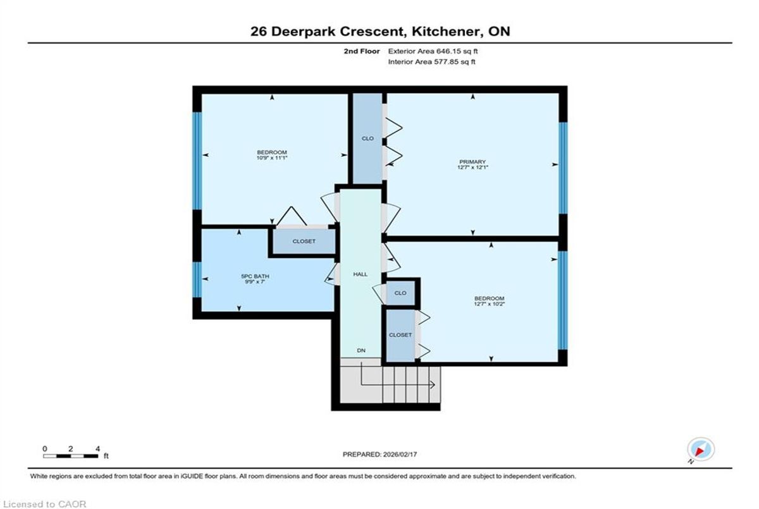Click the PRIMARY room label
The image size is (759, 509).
(x=472, y=162)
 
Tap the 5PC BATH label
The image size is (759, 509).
(x=255, y=276)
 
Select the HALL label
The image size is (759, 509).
(x=360, y=274)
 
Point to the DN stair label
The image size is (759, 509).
(x=361, y=350)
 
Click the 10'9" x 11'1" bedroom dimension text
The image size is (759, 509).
(x=272, y=158)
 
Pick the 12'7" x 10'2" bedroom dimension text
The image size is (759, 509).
(x=490, y=304)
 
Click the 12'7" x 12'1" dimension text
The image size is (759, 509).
(x=472, y=168)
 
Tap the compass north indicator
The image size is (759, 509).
(x=701, y=450)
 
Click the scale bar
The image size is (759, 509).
(x=70, y=456)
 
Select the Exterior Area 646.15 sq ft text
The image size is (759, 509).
(x=433, y=51)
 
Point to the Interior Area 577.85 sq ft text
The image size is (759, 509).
(x=431, y=61)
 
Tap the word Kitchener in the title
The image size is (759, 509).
(x=445, y=32)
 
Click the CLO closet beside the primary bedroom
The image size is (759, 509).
(x=367, y=138)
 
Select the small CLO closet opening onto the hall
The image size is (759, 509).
(x=400, y=293)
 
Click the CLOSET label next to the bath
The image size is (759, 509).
(x=304, y=241)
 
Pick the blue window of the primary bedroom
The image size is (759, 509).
(x=563, y=168)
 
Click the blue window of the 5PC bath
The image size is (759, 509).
(x=197, y=279)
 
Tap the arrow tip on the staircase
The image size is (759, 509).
(x=435, y=384)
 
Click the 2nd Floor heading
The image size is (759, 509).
(x=362, y=51)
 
